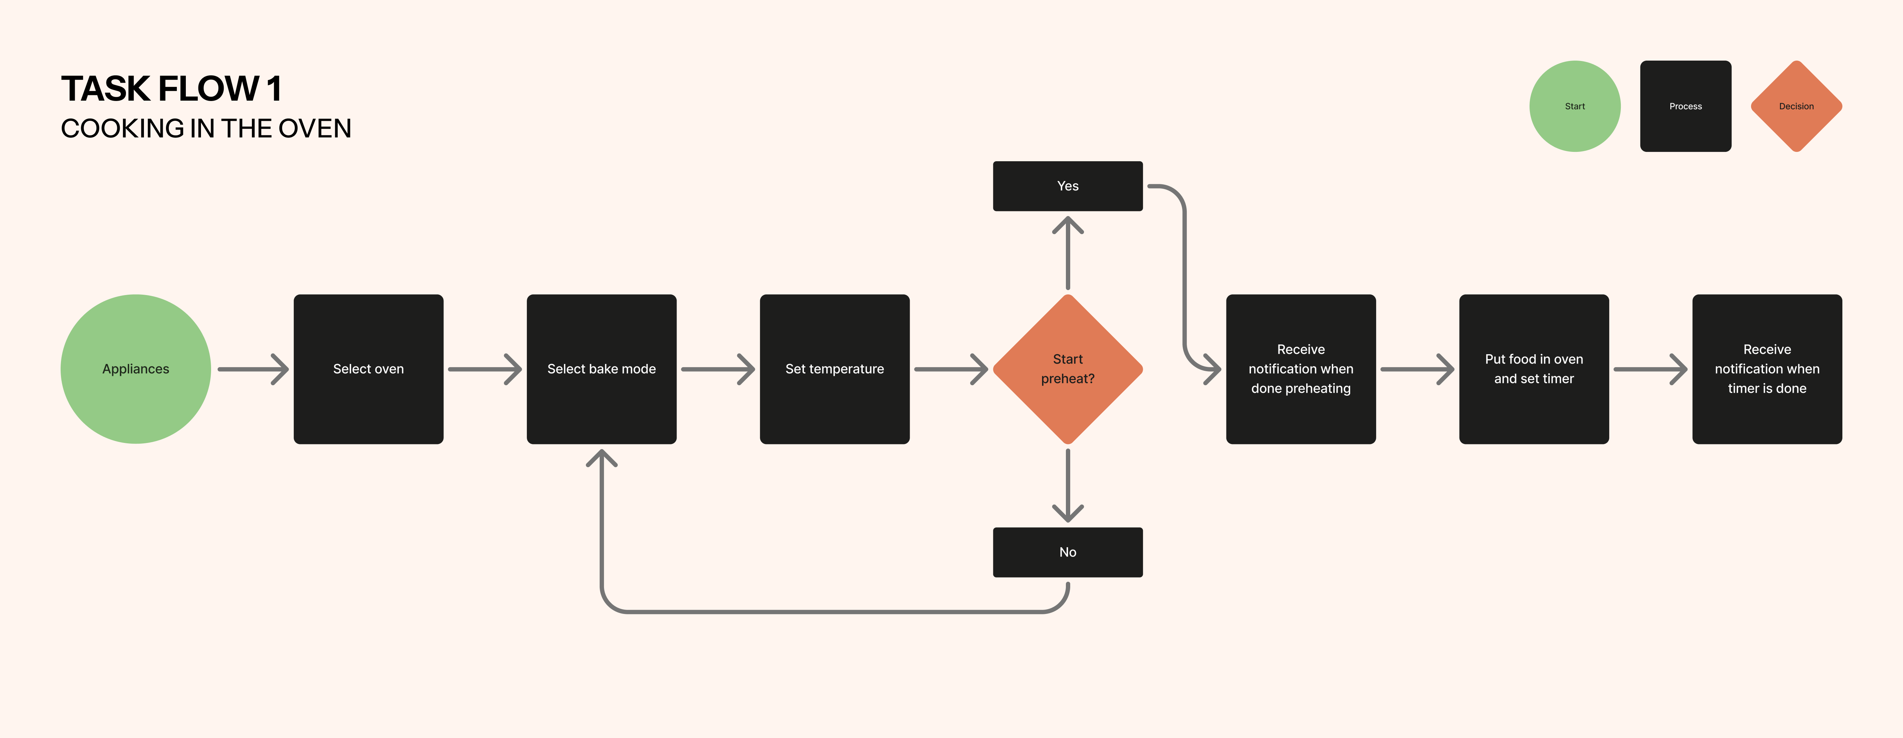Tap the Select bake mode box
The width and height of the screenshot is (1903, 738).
601,369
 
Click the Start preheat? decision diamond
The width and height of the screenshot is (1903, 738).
1067,369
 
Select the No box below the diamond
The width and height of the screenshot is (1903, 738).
1067,552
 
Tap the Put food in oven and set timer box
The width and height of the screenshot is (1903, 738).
1534,369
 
